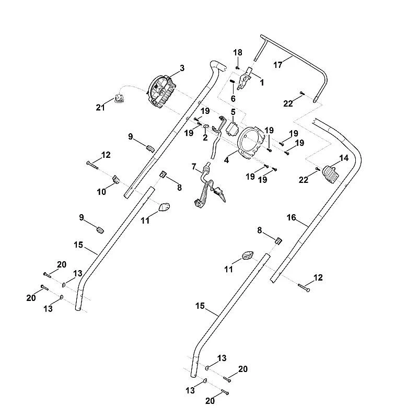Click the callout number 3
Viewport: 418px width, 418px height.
(x=182, y=68)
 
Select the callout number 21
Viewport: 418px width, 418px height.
(x=100, y=108)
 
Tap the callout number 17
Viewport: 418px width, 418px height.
(x=278, y=65)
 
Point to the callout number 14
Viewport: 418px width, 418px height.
(x=344, y=158)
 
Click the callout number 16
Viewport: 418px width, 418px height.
(x=291, y=217)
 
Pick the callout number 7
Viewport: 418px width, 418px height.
(x=194, y=167)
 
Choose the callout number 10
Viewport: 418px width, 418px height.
(x=101, y=192)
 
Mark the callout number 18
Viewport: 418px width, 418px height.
(x=238, y=53)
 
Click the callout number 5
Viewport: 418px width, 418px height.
(x=233, y=112)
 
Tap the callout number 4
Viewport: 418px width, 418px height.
(x=226, y=160)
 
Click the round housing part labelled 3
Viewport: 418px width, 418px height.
(x=161, y=91)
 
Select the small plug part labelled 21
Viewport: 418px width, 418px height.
(x=119, y=98)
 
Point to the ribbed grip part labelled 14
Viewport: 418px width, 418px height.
(x=331, y=175)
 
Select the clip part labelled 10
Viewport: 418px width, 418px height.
(x=115, y=179)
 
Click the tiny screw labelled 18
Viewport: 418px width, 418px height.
(x=237, y=68)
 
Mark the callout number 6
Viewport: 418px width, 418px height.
(x=233, y=99)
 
